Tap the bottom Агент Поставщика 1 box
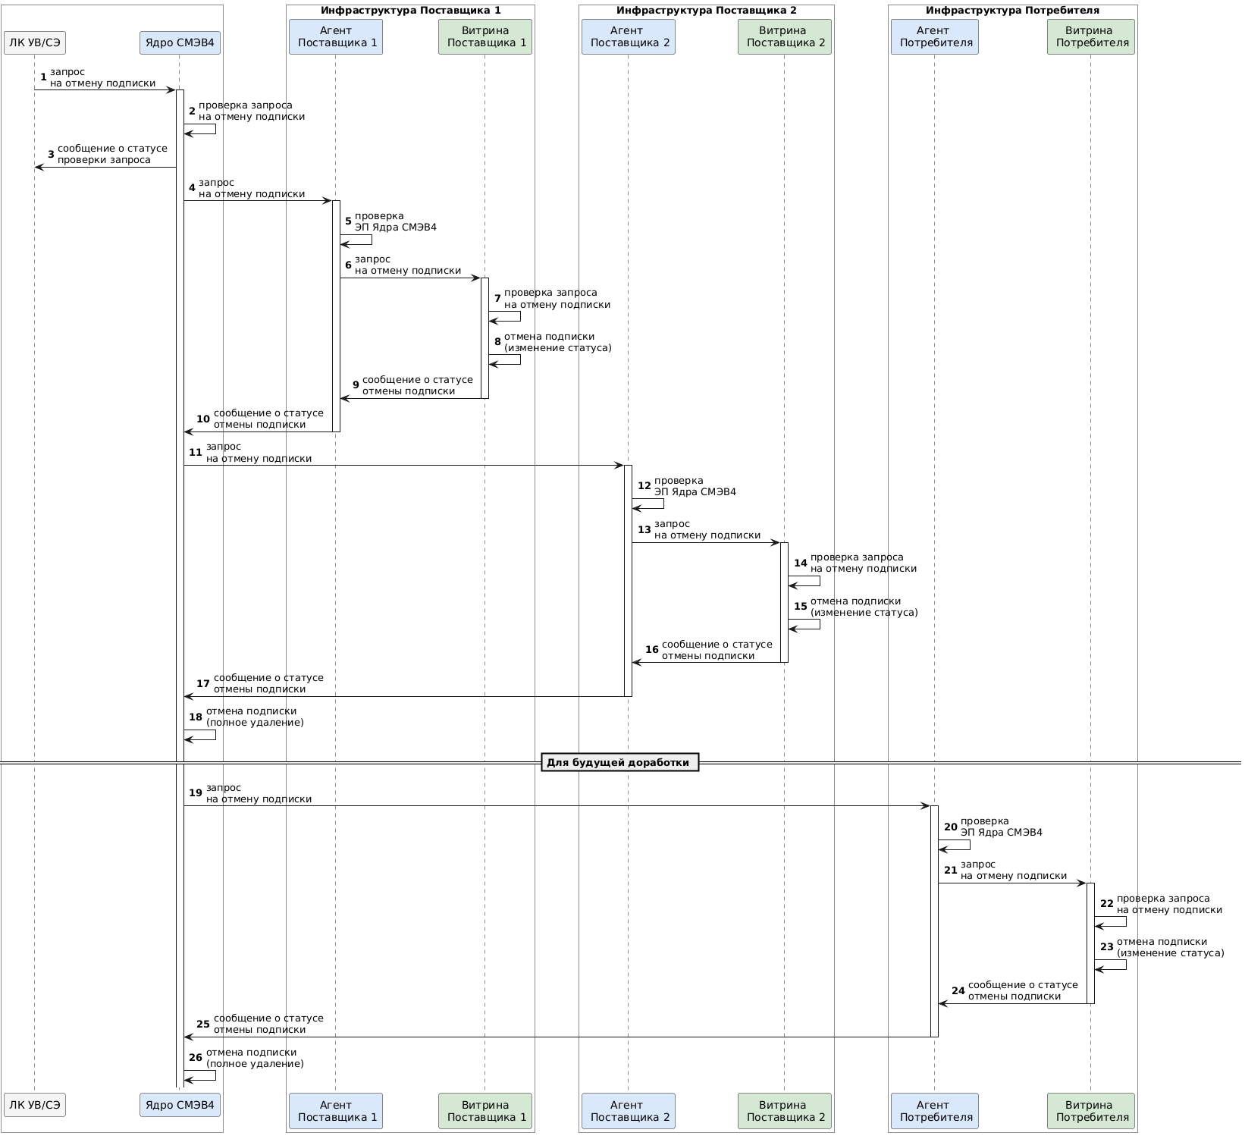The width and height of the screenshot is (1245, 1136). click(335, 1110)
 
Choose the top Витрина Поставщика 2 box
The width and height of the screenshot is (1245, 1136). click(784, 36)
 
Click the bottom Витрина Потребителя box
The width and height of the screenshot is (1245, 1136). click(1090, 1110)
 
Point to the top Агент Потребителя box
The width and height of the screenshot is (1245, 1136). click(934, 36)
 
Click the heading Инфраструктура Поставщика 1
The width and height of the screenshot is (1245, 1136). click(410, 11)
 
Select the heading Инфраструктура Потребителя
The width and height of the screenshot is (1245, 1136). click(1012, 11)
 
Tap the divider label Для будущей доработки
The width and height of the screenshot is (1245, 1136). click(619, 762)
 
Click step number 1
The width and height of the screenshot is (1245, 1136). click(43, 77)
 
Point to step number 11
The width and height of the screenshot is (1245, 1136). click(196, 453)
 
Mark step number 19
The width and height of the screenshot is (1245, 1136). click(196, 793)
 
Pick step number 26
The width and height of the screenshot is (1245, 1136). click(196, 1058)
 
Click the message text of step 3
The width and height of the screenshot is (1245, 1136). click(112, 154)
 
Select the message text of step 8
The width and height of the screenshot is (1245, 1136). click(557, 342)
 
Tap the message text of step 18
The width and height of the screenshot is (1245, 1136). click(254, 717)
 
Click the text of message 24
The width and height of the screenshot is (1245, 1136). click(1022, 990)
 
